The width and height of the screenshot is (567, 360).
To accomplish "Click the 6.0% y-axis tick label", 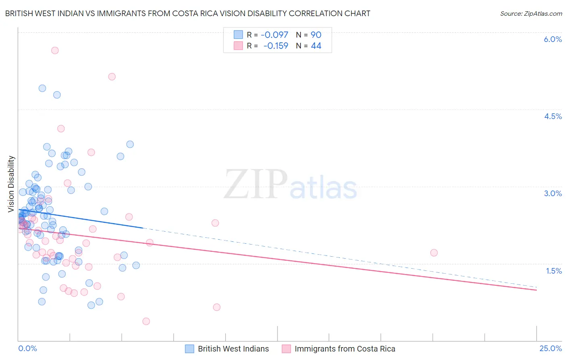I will (552, 39).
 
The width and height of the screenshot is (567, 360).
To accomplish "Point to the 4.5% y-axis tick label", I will (552, 116).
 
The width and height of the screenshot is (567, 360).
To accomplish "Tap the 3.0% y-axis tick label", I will (552, 193).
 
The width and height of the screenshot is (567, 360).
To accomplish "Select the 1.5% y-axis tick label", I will (554, 271).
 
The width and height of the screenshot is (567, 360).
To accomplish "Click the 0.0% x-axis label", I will (27, 349).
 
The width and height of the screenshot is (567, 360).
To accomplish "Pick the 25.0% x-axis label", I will (550, 349).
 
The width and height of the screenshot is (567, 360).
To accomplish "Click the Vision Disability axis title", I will (11, 184).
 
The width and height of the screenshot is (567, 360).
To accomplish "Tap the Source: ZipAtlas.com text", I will (531, 13).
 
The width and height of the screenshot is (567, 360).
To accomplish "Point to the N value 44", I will (316, 46).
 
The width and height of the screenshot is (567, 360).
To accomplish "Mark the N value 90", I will (316, 35).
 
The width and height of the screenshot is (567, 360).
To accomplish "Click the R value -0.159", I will (276, 46).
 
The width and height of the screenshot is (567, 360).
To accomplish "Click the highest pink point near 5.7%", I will (55, 50).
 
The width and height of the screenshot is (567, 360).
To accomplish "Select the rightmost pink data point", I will (434, 253).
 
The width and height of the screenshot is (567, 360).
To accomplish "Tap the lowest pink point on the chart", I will (146, 321).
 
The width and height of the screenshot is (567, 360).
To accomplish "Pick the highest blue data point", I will (42, 88).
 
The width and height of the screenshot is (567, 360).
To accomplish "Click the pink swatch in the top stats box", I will (238, 46).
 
